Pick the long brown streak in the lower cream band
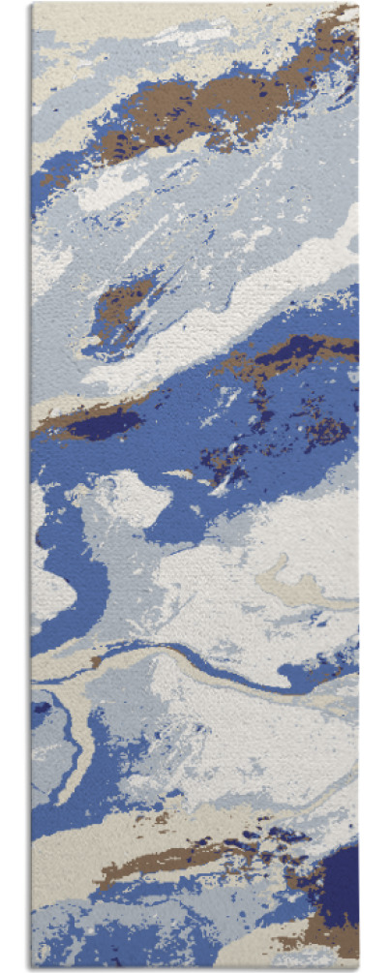click(184, 857)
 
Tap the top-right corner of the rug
click(357, 6)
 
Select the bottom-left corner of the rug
click(33, 967)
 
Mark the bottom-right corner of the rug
click(358, 967)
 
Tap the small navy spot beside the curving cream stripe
click(41, 708)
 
